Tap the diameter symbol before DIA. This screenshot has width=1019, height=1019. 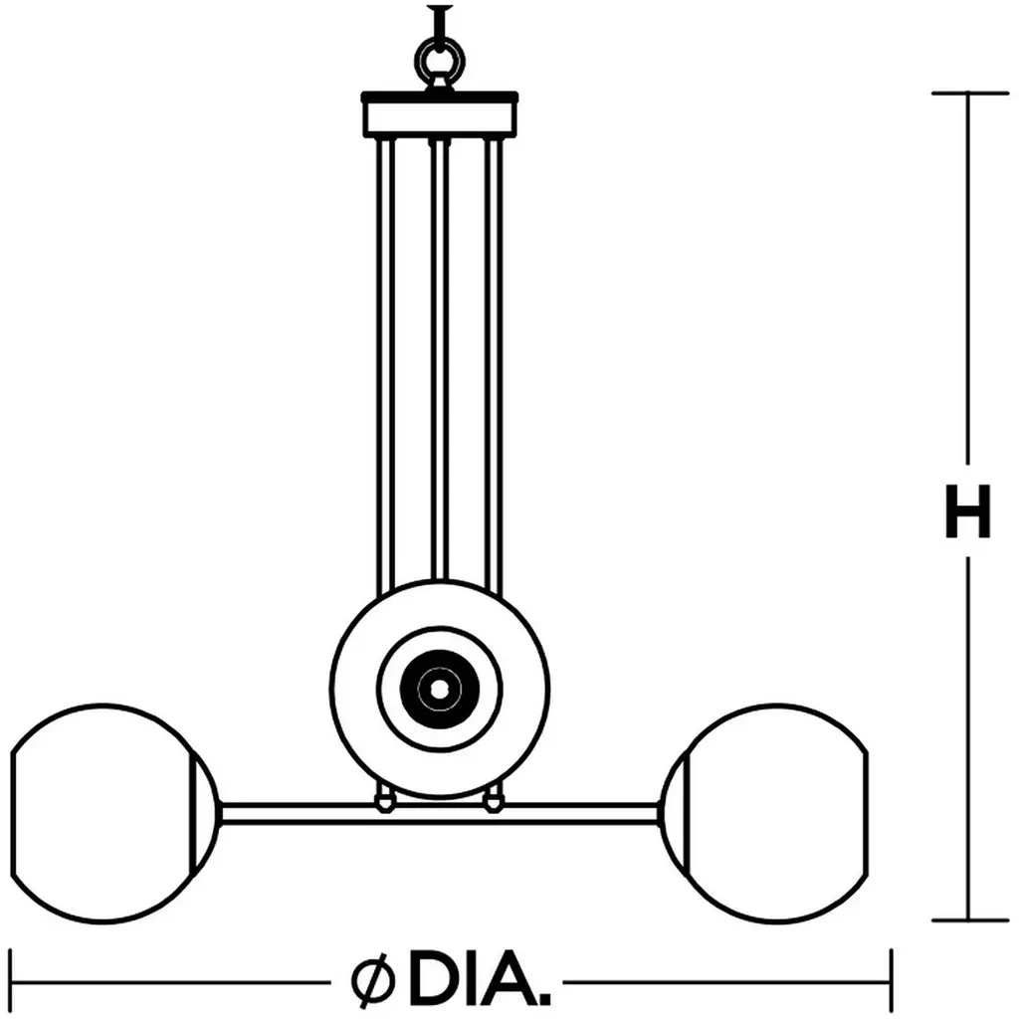[372, 977]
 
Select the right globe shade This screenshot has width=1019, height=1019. [867, 812]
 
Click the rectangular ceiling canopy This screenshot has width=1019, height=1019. [440, 114]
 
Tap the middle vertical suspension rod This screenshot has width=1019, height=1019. [440, 358]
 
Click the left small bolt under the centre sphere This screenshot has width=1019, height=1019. [385, 802]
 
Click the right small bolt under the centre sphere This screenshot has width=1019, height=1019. [494, 802]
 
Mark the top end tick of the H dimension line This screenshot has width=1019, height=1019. [969, 94]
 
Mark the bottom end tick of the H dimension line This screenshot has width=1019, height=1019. [969, 920]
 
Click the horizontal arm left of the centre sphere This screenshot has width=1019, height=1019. [299, 814]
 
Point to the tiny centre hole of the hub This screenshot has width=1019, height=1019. [440, 689]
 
